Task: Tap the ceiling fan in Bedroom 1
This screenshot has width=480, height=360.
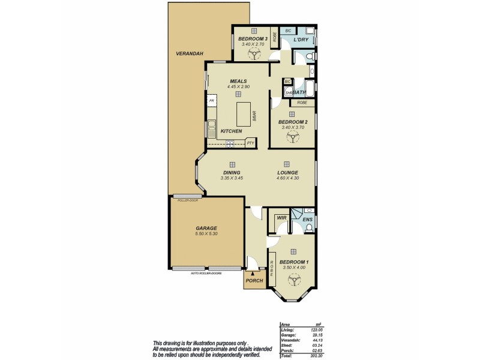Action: [x=293, y=280]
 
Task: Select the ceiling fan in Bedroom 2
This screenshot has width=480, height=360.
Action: [x=292, y=137]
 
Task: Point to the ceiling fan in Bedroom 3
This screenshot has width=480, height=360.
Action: [x=254, y=54]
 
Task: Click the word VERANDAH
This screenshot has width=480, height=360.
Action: [x=190, y=54]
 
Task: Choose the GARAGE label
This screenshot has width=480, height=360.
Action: [x=206, y=228]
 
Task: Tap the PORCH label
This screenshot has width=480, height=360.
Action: [x=254, y=280]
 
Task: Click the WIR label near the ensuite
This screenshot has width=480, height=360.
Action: [x=280, y=219]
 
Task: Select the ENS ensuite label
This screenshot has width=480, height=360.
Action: [x=307, y=220]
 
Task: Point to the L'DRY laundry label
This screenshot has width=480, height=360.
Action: [x=301, y=40]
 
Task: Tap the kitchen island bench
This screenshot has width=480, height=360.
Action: [x=243, y=113]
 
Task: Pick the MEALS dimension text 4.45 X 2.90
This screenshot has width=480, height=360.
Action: [x=238, y=87]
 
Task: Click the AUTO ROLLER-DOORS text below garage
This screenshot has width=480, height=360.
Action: [x=206, y=273]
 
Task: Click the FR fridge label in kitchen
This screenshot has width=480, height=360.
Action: [x=211, y=101]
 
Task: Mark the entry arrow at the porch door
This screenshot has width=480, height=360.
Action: [x=252, y=273]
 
